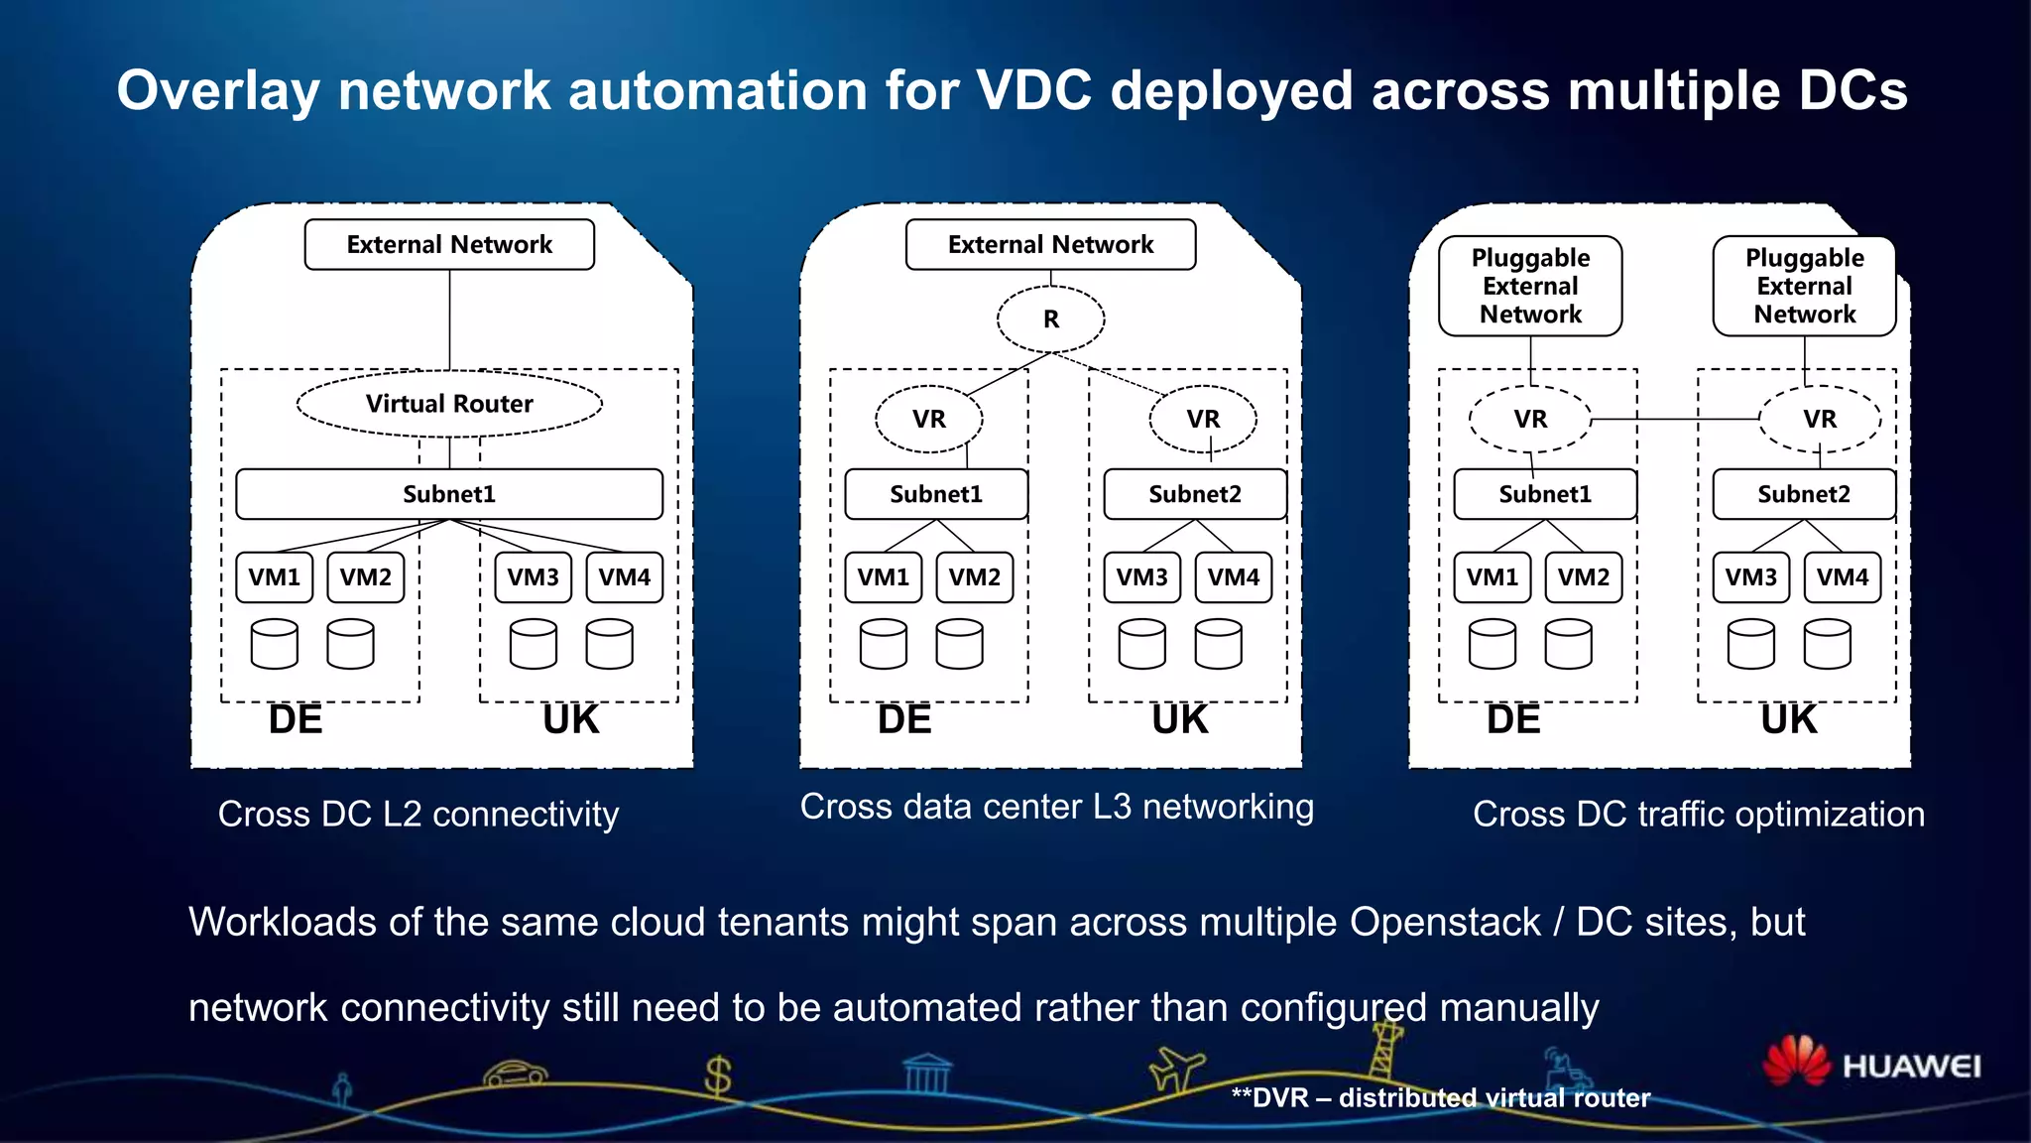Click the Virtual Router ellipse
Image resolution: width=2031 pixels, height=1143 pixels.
coord(449,404)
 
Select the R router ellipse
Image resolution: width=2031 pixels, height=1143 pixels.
coord(1050,319)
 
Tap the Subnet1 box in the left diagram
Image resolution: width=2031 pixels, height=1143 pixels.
coord(449,494)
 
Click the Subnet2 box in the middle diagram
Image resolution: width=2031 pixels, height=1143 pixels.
coord(1195,494)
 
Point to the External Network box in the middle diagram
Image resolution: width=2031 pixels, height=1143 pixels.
coord(1050,244)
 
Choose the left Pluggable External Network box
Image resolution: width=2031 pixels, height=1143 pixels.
coord(1530,286)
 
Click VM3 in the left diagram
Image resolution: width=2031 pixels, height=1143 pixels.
coord(534,577)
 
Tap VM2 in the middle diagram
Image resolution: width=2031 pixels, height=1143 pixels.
coord(975,577)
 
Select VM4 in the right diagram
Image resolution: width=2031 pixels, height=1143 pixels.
coord(1842,577)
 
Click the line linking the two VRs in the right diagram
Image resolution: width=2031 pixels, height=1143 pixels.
coord(1676,420)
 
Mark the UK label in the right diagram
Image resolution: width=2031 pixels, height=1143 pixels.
coord(1788,719)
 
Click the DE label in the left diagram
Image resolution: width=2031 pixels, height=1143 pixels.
coord(296,719)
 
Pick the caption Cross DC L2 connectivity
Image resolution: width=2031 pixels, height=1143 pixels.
coord(418,815)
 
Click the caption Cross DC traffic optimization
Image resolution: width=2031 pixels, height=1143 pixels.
coord(1698,815)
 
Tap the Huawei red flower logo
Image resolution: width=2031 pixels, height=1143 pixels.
coord(1796,1061)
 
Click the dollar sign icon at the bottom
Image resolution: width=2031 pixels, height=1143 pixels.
coord(717,1076)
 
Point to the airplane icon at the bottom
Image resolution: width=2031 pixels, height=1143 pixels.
coord(1176,1069)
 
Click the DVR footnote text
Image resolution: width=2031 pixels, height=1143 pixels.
coord(1440,1097)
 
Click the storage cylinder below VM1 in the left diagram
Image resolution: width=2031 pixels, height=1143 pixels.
coord(275,644)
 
